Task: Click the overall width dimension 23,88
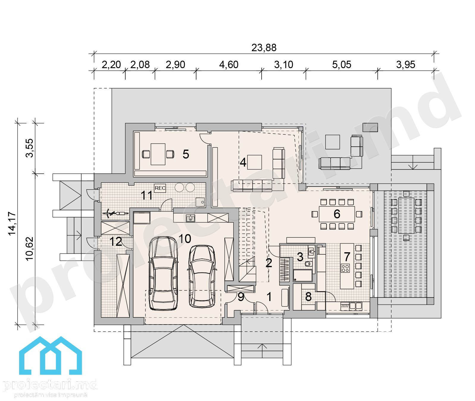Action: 264,48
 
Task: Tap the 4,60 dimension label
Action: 229,65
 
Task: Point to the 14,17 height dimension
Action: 12,224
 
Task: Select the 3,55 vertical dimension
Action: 29,148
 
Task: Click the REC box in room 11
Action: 160,188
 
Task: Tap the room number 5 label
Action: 186,154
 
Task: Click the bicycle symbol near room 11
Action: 115,213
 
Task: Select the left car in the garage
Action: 163,273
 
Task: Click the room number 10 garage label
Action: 185,239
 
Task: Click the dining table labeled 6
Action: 337,214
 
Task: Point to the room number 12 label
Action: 115,242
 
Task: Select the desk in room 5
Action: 158,154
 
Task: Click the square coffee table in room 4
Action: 254,162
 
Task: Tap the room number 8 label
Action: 308,297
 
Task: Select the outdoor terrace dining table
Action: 406,215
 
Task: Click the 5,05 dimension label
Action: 341,65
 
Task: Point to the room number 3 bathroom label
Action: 300,257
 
